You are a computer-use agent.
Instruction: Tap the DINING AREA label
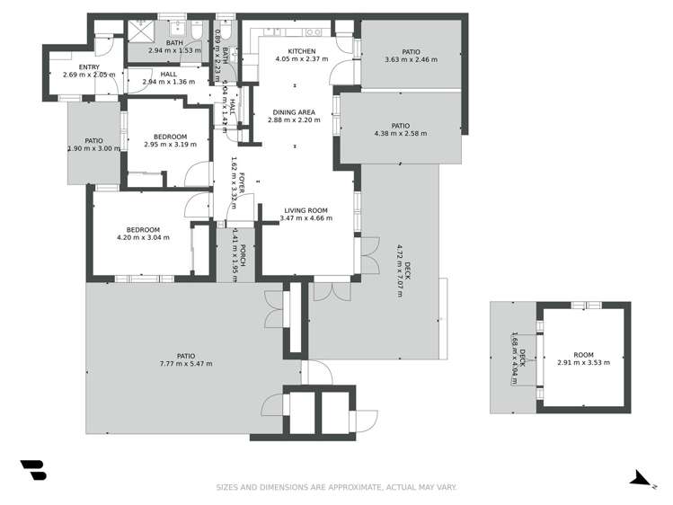296,112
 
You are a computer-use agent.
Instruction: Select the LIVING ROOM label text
304,210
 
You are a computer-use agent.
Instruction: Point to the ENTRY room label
89,66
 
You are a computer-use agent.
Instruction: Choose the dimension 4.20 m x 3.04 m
144,238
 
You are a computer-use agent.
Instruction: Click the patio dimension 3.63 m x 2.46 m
411,60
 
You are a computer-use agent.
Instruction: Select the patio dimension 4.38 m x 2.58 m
400,134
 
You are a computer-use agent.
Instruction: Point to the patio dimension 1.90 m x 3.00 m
93,149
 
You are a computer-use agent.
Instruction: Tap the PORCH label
243,255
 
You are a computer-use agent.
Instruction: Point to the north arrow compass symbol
642,479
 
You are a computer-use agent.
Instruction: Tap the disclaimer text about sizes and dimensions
336,487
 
